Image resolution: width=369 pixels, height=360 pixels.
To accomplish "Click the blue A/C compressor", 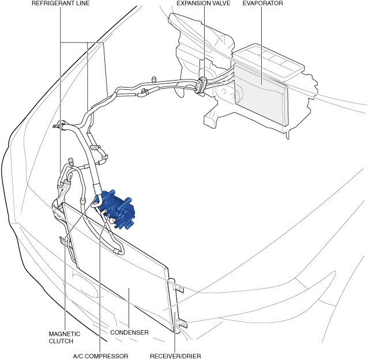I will coord(117,209).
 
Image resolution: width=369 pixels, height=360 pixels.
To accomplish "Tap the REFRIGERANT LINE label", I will coord(60,3).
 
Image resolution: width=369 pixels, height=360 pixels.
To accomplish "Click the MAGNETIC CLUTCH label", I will coord(64,337).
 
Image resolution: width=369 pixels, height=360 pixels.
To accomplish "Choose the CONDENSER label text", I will coord(130,333).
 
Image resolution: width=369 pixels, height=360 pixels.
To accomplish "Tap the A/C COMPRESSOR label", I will coord(100,355).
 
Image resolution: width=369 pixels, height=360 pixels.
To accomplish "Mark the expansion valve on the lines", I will coord(203,83).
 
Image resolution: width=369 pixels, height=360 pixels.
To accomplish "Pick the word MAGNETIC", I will coord(64,334).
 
